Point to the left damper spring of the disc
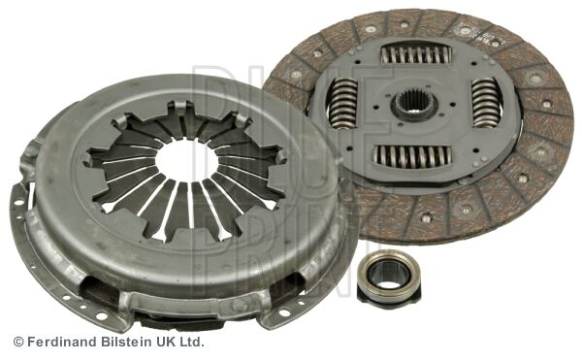[x=342, y=102]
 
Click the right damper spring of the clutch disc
[x=484, y=102]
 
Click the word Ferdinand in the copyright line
[x=66, y=343]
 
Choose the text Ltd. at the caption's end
[x=194, y=343]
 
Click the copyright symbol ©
[x=17, y=343]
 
